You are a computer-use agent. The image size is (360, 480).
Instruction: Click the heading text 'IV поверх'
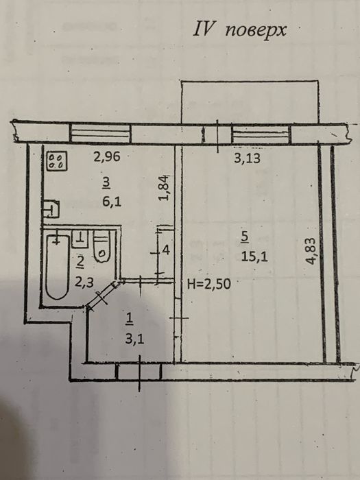(x=240, y=30)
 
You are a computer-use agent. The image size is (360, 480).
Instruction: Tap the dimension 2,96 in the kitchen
(x=106, y=156)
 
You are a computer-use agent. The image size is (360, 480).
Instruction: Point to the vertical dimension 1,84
(x=163, y=189)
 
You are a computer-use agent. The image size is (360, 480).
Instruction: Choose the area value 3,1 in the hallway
(x=130, y=337)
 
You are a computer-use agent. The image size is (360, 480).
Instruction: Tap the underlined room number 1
(x=129, y=318)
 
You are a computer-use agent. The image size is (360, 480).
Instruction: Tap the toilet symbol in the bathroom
(x=102, y=249)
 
